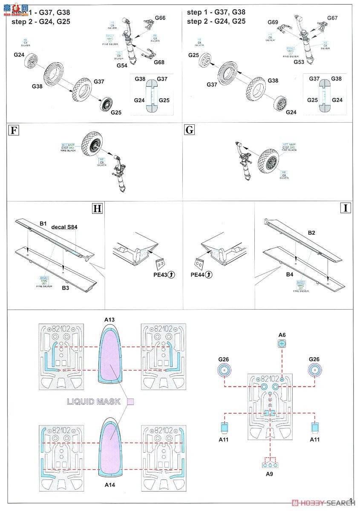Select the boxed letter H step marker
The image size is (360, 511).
[98, 208]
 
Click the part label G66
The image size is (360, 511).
[160, 18]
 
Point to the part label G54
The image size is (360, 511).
[122, 66]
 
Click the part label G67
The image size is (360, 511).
[332, 18]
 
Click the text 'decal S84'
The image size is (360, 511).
[64, 227]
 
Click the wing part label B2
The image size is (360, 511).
[311, 233]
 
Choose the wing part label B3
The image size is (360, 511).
[65, 288]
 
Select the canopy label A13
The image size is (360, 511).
[109, 319]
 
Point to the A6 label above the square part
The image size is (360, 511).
[282, 335]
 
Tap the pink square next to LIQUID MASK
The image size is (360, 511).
[131, 401]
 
